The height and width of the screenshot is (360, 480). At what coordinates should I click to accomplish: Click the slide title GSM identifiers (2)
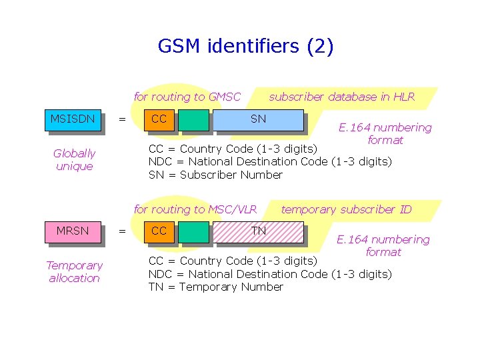click(245, 46)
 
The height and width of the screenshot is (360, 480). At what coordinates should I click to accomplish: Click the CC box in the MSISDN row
click(160, 119)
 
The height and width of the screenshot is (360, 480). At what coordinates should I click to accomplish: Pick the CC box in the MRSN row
click(160, 231)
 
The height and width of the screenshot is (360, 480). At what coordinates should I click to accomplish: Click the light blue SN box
click(258, 119)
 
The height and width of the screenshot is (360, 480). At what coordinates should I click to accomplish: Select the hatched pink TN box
click(258, 231)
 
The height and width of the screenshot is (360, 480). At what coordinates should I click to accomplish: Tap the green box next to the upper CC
click(194, 119)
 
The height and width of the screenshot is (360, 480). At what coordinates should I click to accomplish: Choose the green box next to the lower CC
click(194, 231)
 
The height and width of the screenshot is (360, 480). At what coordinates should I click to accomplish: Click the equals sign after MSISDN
click(121, 120)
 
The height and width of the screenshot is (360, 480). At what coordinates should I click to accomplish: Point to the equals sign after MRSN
click(121, 231)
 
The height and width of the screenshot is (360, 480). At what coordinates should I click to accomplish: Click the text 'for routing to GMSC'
click(187, 97)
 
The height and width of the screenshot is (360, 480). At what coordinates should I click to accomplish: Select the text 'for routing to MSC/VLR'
click(195, 209)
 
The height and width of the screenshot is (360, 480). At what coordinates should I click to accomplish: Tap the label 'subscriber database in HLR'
click(341, 97)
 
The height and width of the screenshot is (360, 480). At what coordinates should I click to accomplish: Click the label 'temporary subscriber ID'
click(346, 209)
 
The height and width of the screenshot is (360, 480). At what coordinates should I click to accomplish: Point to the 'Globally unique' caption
click(74, 160)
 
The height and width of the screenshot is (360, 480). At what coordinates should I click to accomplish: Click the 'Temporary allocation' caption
click(74, 272)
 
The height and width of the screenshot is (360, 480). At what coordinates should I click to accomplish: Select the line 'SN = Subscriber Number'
click(215, 175)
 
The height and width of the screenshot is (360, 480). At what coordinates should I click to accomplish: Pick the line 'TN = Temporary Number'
click(215, 287)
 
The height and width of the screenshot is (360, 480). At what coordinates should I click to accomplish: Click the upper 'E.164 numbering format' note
click(385, 133)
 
